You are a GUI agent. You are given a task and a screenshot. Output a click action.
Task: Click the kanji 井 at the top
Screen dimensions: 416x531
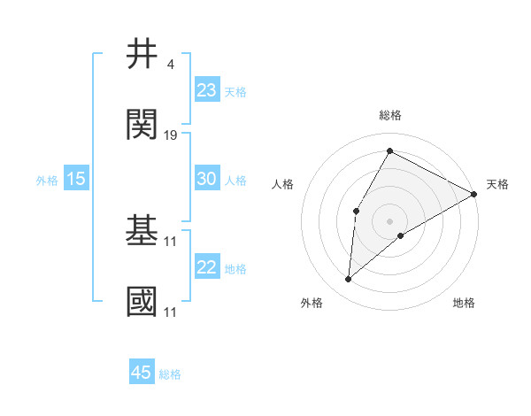pyautogui.click(x=142, y=55)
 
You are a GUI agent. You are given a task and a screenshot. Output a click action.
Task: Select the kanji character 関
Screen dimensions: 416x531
pyautogui.click(x=142, y=125)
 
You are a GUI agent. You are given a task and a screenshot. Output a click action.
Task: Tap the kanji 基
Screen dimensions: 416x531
pyautogui.click(x=142, y=231)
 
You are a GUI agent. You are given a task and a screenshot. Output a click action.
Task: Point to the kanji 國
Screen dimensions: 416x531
pyautogui.click(x=142, y=302)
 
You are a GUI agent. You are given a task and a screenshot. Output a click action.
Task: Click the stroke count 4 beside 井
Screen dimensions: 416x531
pyautogui.click(x=170, y=65)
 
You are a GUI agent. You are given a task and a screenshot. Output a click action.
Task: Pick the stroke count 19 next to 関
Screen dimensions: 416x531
pyautogui.click(x=171, y=135)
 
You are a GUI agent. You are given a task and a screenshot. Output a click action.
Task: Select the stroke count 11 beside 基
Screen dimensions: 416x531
pyautogui.click(x=171, y=241)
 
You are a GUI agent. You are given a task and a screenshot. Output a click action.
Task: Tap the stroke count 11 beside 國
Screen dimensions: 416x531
pyautogui.click(x=171, y=312)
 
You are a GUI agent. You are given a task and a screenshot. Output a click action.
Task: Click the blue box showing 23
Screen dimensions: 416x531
pyautogui.click(x=206, y=90)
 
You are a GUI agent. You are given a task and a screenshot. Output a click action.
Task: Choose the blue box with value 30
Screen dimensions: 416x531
pyautogui.click(x=206, y=179)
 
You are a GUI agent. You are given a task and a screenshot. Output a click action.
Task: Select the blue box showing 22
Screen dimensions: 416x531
pyautogui.click(x=206, y=267)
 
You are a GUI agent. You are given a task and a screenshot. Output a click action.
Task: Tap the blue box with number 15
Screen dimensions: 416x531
pyautogui.click(x=76, y=179)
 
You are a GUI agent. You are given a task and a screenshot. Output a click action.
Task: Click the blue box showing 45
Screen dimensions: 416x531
pyautogui.click(x=142, y=373)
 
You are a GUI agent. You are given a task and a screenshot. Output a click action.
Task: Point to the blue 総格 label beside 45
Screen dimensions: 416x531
pyautogui.click(x=170, y=374)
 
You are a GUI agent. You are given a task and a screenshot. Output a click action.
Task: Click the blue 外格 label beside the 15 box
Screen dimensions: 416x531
pyautogui.click(x=47, y=180)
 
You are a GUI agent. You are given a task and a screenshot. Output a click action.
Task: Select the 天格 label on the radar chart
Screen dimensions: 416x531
pyautogui.click(x=497, y=184)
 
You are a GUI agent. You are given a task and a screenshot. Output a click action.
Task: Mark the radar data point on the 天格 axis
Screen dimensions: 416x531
pyautogui.click(x=474, y=194)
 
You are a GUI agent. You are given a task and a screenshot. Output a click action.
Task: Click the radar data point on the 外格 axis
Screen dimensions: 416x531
pyautogui.click(x=348, y=280)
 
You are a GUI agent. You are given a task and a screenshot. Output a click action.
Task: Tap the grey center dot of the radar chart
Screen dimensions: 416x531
pyautogui.click(x=389, y=220)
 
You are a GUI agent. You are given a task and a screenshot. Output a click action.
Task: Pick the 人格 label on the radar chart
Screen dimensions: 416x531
pyautogui.click(x=282, y=184)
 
